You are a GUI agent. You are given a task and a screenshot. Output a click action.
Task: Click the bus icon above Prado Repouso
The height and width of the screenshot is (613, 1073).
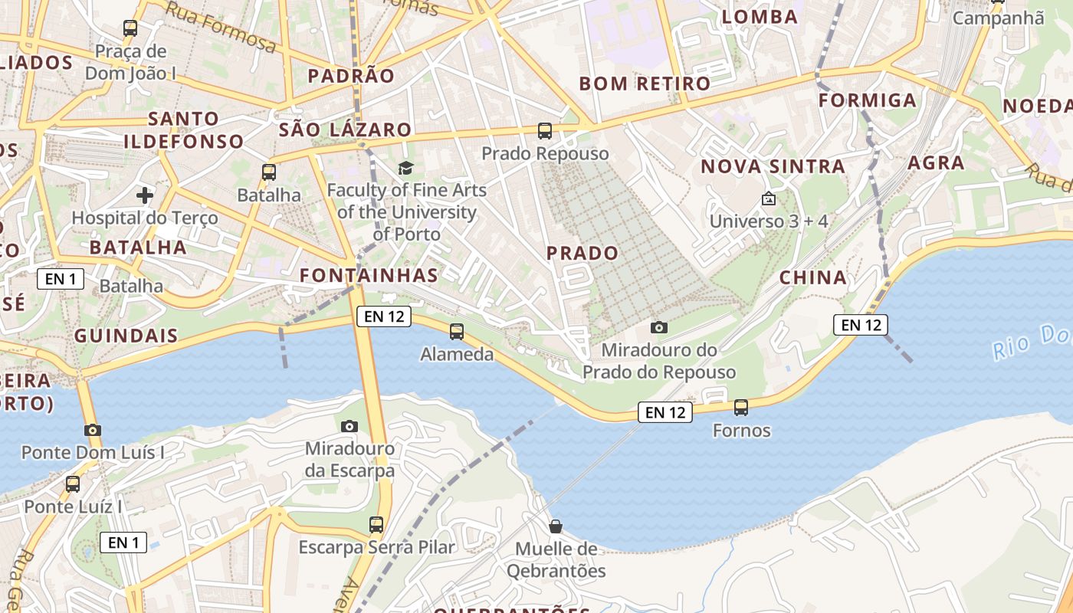click(545, 131)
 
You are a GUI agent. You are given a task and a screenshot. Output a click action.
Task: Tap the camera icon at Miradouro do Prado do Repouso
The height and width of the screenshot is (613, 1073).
click(658, 328)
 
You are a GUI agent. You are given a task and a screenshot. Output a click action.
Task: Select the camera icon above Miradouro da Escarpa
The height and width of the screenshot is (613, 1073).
click(349, 426)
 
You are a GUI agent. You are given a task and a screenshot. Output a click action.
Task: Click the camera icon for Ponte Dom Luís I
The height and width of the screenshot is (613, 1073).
click(93, 430)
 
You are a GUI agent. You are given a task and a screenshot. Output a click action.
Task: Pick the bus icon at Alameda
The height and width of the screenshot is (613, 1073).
click(457, 332)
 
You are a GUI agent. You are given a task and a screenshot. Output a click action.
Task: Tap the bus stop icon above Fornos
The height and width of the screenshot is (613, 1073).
click(741, 408)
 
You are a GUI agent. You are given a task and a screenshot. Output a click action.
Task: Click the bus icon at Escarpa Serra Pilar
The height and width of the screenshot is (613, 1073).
click(376, 525)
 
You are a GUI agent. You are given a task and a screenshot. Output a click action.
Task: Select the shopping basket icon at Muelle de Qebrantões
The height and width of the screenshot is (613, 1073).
click(556, 526)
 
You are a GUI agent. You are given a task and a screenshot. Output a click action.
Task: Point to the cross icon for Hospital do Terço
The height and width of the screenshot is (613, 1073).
click(145, 195)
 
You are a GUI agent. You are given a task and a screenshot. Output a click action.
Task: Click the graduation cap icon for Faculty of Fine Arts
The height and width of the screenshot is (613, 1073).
click(405, 168)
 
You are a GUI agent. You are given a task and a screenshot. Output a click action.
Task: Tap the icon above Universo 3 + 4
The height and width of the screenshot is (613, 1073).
click(769, 199)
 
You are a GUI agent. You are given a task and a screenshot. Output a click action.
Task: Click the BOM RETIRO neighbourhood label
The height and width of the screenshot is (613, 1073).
click(635, 84)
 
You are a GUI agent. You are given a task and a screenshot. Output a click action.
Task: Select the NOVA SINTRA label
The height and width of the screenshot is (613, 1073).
click(773, 166)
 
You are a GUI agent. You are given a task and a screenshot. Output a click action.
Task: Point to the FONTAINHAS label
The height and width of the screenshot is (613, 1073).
click(369, 275)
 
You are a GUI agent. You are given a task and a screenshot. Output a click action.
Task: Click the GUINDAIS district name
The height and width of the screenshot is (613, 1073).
click(126, 336)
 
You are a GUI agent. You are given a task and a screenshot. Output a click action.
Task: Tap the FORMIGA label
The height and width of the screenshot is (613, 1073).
click(868, 100)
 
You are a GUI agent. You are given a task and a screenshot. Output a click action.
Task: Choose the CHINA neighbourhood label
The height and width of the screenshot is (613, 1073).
click(813, 277)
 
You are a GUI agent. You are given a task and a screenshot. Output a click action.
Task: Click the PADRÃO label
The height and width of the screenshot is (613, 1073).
click(351, 76)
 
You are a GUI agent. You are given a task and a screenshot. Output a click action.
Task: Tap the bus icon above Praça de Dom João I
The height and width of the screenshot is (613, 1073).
click(130, 29)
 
